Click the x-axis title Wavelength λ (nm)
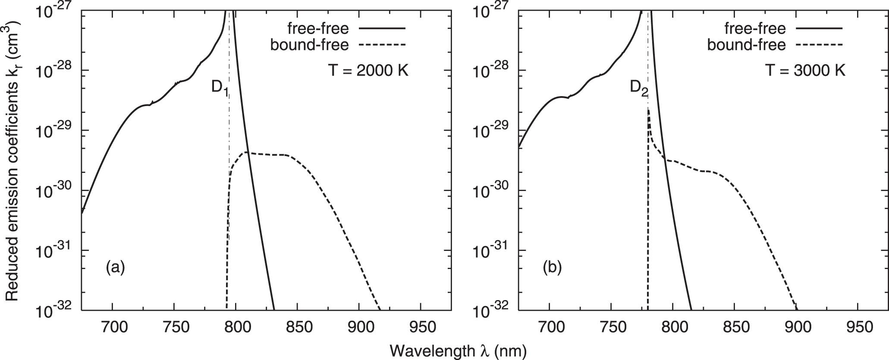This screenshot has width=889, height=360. pyautogui.click(x=459, y=350)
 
